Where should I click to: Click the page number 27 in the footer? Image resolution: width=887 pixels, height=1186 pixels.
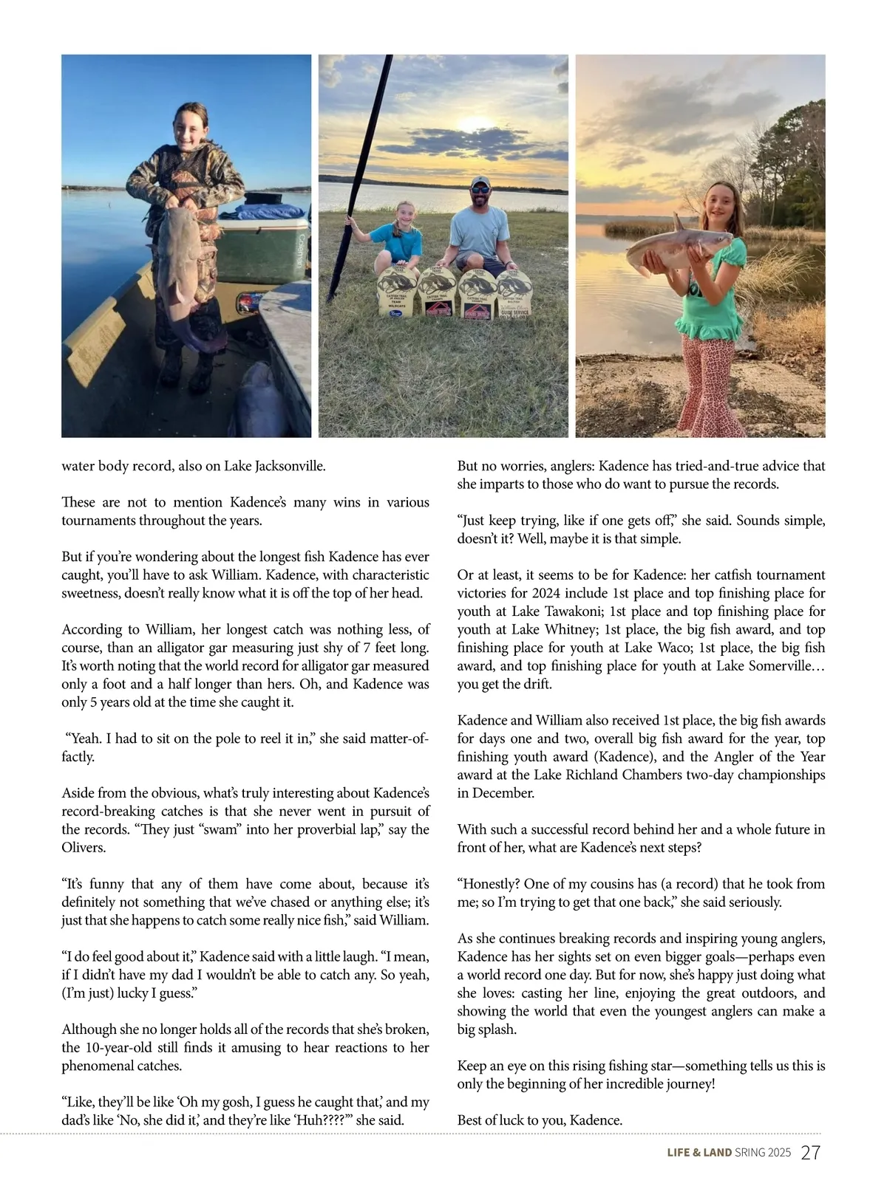[811, 1153]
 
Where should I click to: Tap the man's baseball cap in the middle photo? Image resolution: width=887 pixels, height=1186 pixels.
[480, 182]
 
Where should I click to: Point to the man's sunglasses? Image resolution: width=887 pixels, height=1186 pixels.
[480, 190]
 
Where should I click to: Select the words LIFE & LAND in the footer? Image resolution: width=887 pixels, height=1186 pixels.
[699, 1153]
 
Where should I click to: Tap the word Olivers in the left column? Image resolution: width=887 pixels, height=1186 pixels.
[84, 848]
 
